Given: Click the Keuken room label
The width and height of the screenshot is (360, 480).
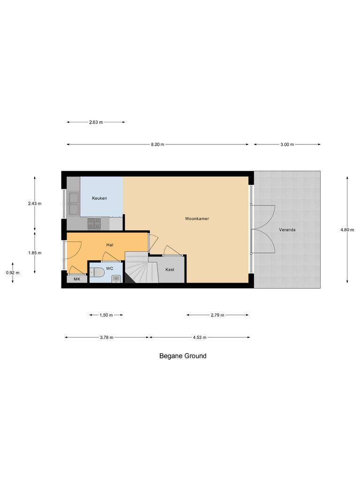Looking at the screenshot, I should coord(99,198).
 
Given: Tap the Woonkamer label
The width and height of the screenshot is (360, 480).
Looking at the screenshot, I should coord(197,219).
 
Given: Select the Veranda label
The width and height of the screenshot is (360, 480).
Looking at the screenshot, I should coord(287,230).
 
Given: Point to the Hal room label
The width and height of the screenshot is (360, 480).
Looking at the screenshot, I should coord(110,245).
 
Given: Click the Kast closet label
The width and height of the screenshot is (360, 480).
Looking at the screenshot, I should coord(170,270).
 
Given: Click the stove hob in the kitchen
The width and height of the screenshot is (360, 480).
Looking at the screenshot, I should coord(94,223).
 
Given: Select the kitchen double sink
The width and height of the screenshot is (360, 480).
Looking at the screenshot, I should coord(73,203).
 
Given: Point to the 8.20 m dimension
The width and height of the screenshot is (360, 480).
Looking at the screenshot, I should coord(157,144).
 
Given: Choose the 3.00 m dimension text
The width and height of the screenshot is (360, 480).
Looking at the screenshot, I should coord(287,144).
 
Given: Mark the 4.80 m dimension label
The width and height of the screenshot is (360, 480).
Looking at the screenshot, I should coord(347,230).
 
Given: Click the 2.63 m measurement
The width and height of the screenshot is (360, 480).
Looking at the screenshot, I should coord(96,122).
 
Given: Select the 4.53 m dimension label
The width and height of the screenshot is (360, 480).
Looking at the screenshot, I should coord(199,337).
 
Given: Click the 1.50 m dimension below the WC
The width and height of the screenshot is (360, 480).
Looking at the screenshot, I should coord(106,315).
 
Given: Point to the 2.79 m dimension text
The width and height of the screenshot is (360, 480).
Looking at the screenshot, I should coord(217,315).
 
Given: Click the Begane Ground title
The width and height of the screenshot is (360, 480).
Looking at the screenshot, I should coord(183,356).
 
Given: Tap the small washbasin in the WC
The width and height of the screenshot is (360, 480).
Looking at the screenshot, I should coord(116,279).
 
